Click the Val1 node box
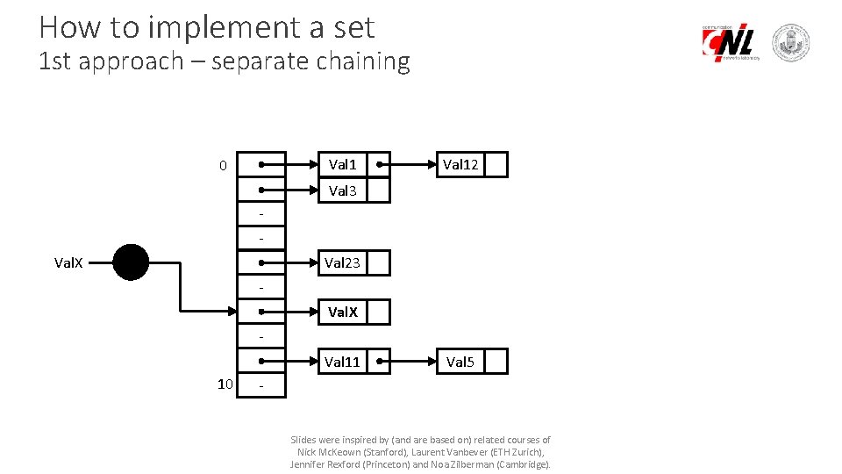(342, 165)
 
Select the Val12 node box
(460, 165)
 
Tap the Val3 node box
(342, 190)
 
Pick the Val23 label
(342, 262)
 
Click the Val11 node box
(342, 362)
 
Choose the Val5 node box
(460, 362)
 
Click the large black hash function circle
(131, 262)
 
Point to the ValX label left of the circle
(69, 262)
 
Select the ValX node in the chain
(342, 312)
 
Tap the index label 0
(223, 166)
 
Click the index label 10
(225, 384)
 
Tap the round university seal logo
(790, 43)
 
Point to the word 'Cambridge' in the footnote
(523, 464)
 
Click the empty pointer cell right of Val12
(496, 165)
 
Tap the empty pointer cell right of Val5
(496, 362)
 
